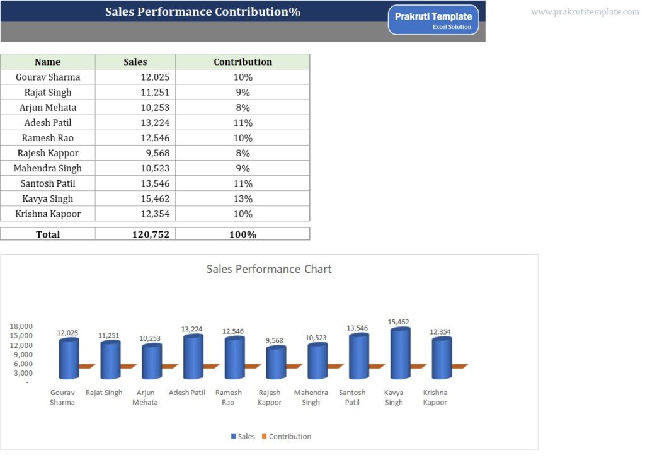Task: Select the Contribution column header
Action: click(243, 62)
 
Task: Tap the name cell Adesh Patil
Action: click(48, 123)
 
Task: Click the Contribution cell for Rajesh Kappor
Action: click(243, 153)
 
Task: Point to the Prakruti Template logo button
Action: click(433, 20)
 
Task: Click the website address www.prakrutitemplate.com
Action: click(585, 12)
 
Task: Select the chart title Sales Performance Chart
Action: click(269, 269)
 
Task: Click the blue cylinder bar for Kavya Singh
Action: click(400, 354)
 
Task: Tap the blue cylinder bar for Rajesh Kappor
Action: click(275, 363)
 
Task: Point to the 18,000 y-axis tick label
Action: click(21, 326)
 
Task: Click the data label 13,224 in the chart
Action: click(192, 329)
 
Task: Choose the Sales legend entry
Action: click(243, 437)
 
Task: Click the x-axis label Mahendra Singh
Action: click(311, 398)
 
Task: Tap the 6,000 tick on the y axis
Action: click(23, 364)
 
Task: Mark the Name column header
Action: click(48, 62)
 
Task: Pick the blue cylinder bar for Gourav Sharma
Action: click(69, 359)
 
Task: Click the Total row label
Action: click(48, 234)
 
